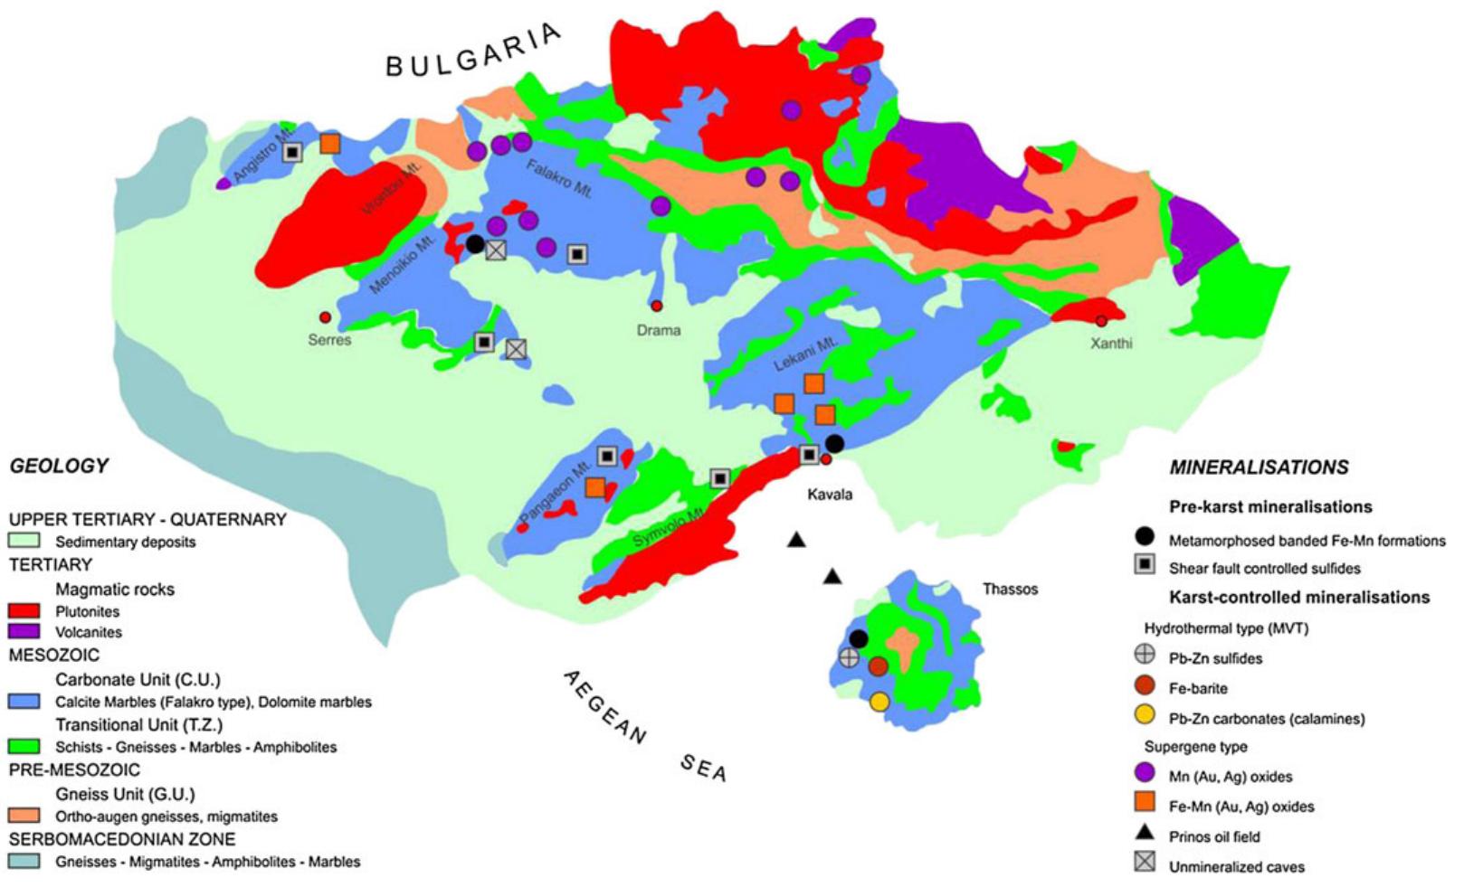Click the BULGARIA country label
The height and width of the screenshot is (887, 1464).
[472, 52]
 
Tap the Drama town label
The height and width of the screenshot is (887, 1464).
[658, 330]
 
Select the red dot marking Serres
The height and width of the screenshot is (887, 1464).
[325, 316]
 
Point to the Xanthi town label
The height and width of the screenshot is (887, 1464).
[1111, 344]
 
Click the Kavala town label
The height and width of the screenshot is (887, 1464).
[830, 495]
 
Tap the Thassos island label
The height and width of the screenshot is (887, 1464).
[1010, 590]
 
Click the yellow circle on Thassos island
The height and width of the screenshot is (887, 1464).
[879, 702]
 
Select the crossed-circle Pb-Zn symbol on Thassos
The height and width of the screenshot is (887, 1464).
[849, 657]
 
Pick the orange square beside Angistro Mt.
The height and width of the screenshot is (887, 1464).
[330, 144]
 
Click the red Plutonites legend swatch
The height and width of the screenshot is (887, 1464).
[25, 611]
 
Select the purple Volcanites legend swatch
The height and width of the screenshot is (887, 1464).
[25, 632]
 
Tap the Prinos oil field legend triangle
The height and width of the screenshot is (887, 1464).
[1145, 834]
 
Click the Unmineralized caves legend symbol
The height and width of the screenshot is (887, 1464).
[1145, 863]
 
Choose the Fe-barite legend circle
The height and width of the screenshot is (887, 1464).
[1145, 686]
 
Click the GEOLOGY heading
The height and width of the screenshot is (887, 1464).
[59, 466]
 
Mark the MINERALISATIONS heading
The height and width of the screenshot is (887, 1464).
[1259, 467]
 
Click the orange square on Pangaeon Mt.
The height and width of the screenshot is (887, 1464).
[595, 487]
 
